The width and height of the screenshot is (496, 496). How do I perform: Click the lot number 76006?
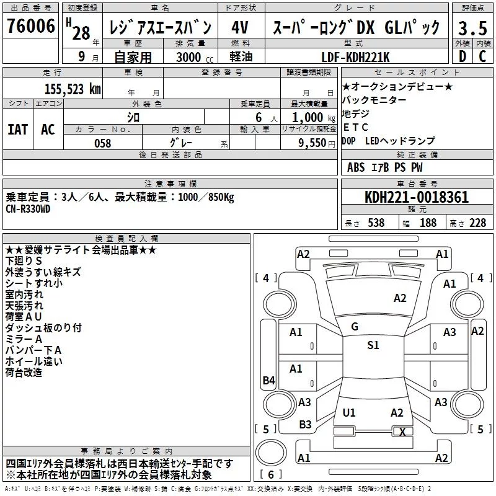tap(31, 26)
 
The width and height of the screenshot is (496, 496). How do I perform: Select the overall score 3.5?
tap(472, 29)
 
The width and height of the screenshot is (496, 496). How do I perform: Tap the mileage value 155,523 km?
tap(73, 89)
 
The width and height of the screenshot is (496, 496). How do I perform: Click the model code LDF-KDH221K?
tap(355, 57)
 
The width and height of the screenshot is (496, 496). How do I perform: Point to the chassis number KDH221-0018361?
tap(417, 197)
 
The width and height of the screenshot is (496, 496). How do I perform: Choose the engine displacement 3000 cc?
tap(195, 57)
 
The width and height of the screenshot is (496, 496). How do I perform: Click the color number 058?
tap(103, 143)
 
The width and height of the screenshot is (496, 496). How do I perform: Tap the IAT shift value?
tap(18, 130)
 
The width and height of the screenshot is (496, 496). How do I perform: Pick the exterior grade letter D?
tap(463, 56)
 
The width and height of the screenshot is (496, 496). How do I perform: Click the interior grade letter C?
tap(482, 56)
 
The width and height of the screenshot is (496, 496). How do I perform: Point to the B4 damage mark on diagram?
tap(269, 380)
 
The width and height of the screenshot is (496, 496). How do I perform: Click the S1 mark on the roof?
tap(373, 345)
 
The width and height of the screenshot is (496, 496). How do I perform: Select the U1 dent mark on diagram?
tap(349, 412)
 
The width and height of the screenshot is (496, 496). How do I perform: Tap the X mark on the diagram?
tap(402, 432)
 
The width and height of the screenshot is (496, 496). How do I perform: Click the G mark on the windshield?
tap(355, 327)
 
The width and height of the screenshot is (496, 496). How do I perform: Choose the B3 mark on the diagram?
tap(305, 425)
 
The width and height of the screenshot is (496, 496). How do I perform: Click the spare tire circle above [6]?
tap(271, 453)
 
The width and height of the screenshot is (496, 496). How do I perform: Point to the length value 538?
tap(376, 223)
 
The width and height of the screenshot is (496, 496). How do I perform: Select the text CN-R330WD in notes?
tap(28, 209)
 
